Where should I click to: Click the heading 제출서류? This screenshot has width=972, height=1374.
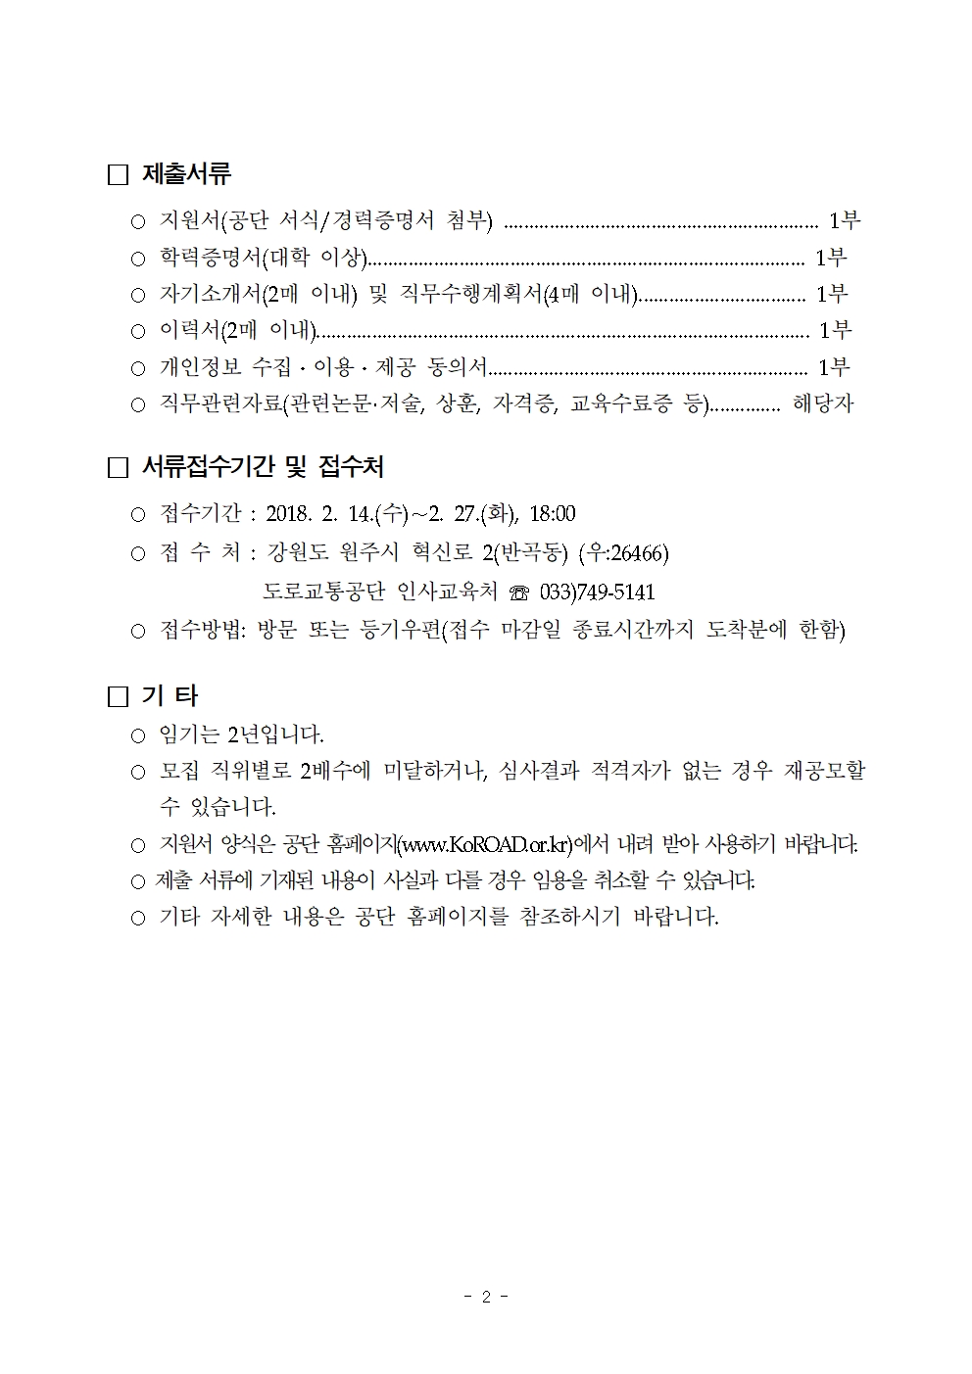[x=186, y=175]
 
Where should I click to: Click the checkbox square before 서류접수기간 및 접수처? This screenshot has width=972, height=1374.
[x=119, y=468]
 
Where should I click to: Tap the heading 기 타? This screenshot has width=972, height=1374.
[x=170, y=696]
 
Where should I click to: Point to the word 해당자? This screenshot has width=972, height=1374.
[x=823, y=403]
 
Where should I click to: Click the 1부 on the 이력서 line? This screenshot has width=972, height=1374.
[x=835, y=330]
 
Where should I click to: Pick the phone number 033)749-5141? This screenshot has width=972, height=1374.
[x=597, y=592]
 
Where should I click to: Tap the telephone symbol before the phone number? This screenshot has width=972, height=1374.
[x=519, y=593]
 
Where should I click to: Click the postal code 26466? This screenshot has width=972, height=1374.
[x=637, y=554]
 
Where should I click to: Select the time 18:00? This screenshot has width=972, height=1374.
[x=553, y=514]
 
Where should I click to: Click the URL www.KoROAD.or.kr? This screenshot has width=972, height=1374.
[x=486, y=844]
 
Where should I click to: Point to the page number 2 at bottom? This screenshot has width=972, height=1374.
[x=485, y=1297]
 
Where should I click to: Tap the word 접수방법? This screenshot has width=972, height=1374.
[x=202, y=630]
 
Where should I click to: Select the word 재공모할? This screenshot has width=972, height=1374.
[x=825, y=771]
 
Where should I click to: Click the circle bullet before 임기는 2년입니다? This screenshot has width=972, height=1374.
[x=138, y=734]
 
